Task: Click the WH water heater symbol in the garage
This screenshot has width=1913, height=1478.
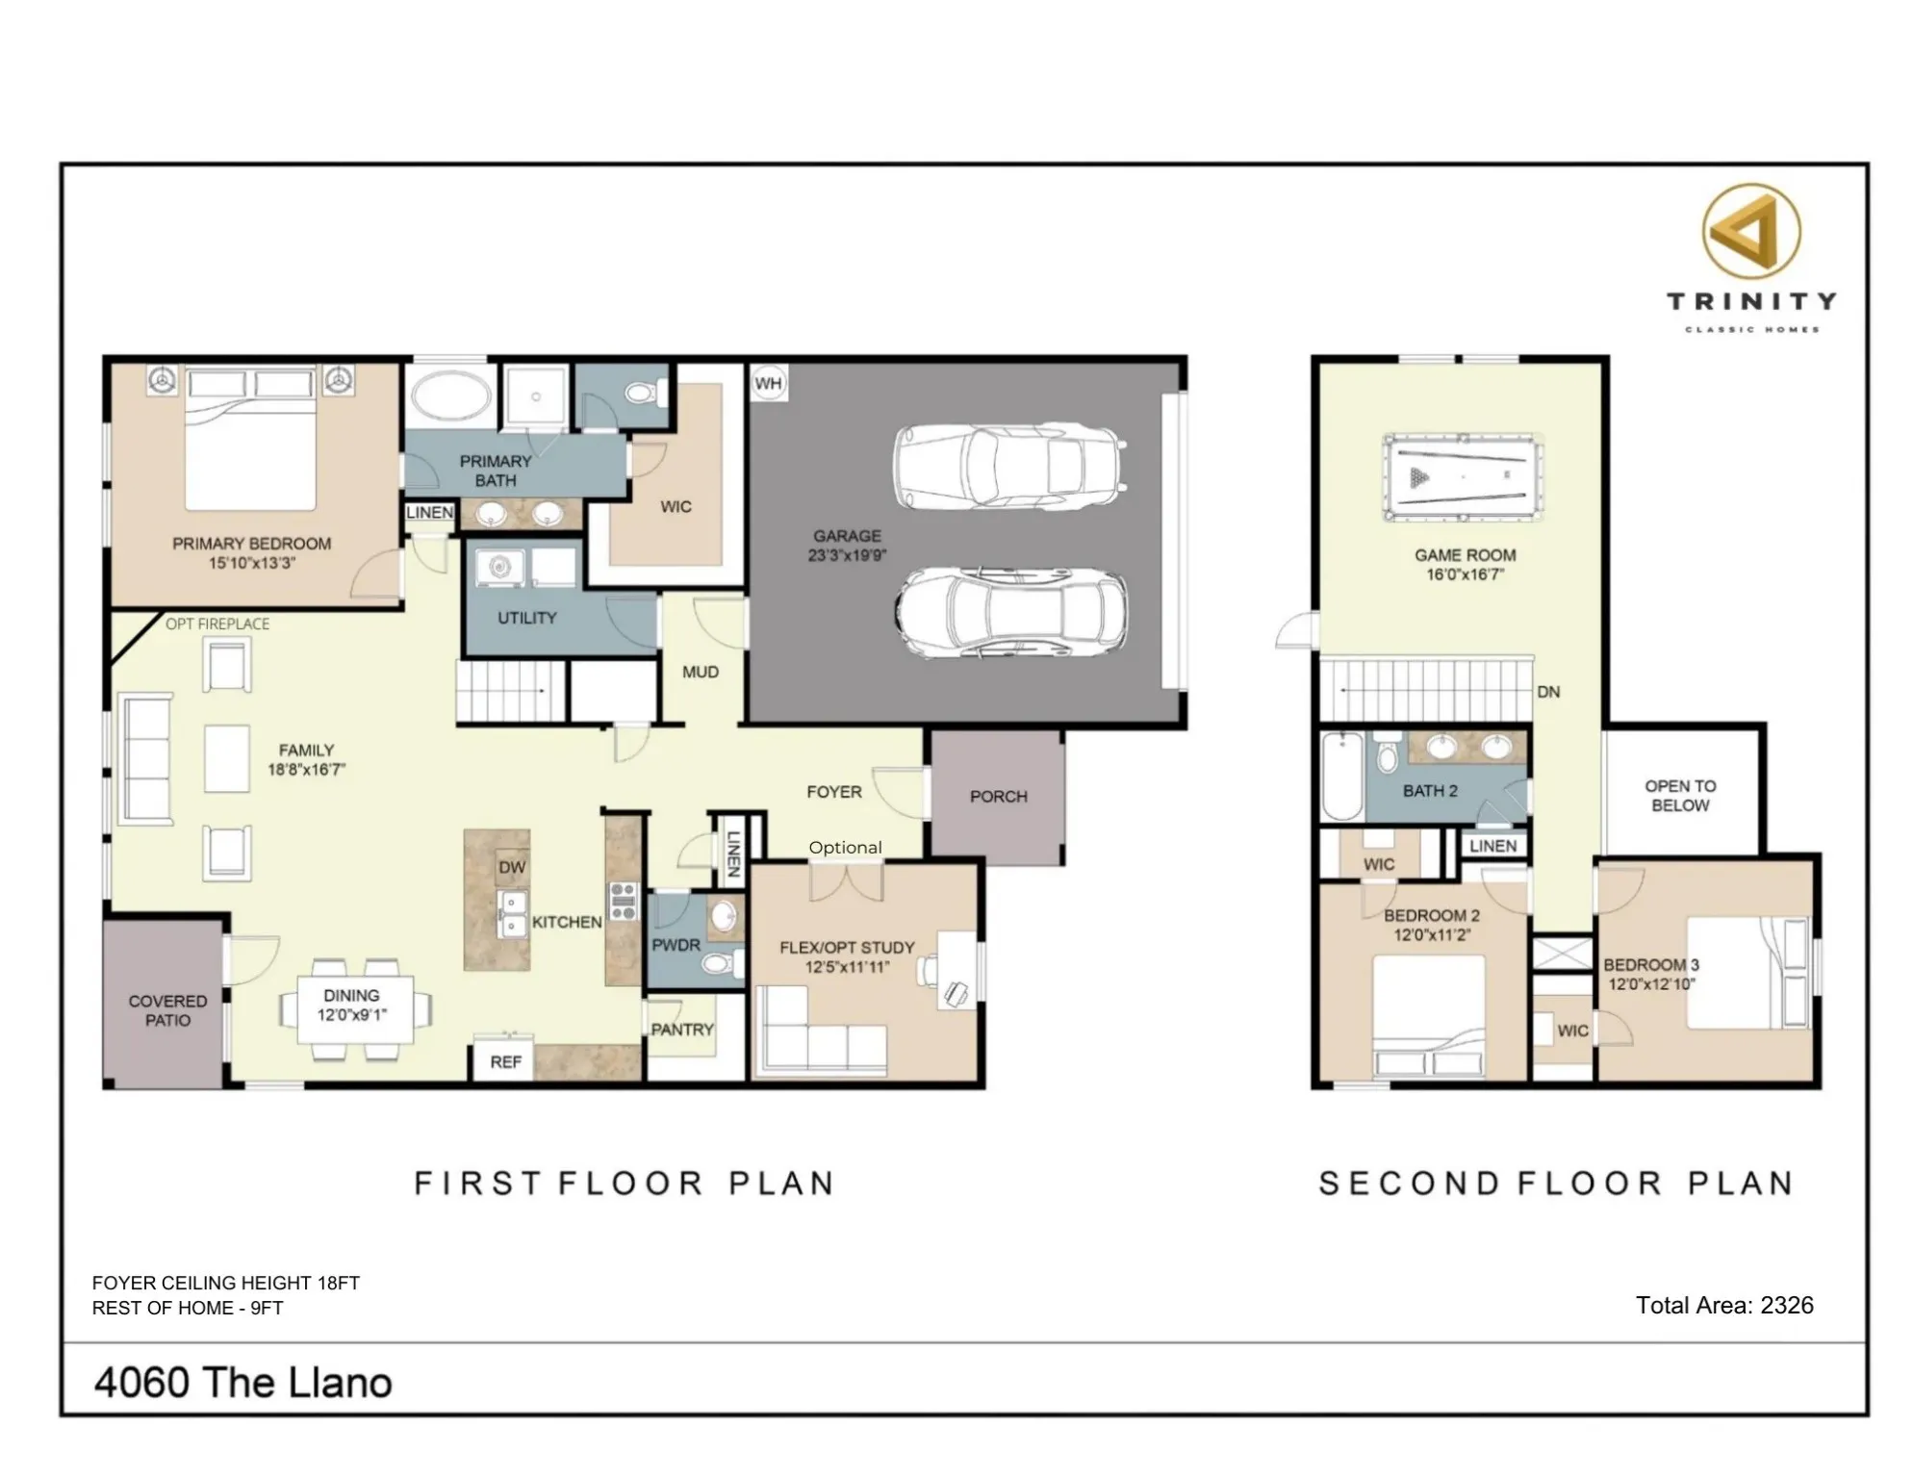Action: (768, 383)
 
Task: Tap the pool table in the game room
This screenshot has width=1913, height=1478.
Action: (1463, 477)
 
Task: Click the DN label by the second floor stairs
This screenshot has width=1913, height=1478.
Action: (1548, 692)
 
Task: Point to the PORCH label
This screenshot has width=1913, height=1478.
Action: (998, 797)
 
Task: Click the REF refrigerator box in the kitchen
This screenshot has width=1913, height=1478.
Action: (505, 1061)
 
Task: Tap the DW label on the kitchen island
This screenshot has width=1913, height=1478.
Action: (512, 867)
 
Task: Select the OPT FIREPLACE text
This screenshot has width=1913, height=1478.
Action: (217, 624)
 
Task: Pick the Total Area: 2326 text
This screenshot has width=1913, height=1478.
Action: (1724, 1305)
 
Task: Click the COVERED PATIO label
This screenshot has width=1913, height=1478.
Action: (167, 1010)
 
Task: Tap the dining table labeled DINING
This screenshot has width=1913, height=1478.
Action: (354, 1007)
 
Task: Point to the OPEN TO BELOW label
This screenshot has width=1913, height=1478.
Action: (1680, 796)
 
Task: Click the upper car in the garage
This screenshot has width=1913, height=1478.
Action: (1007, 466)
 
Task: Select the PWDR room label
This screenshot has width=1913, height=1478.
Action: (676, 945)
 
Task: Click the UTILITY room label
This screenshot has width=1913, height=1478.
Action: (526, 618)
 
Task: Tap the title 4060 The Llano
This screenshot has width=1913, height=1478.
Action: (242, 1383)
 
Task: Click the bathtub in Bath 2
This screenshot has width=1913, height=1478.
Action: (1341, 776)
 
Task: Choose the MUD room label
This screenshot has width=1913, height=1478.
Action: (700, 672)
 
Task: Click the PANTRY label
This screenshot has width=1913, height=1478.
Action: (681, 1030)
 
